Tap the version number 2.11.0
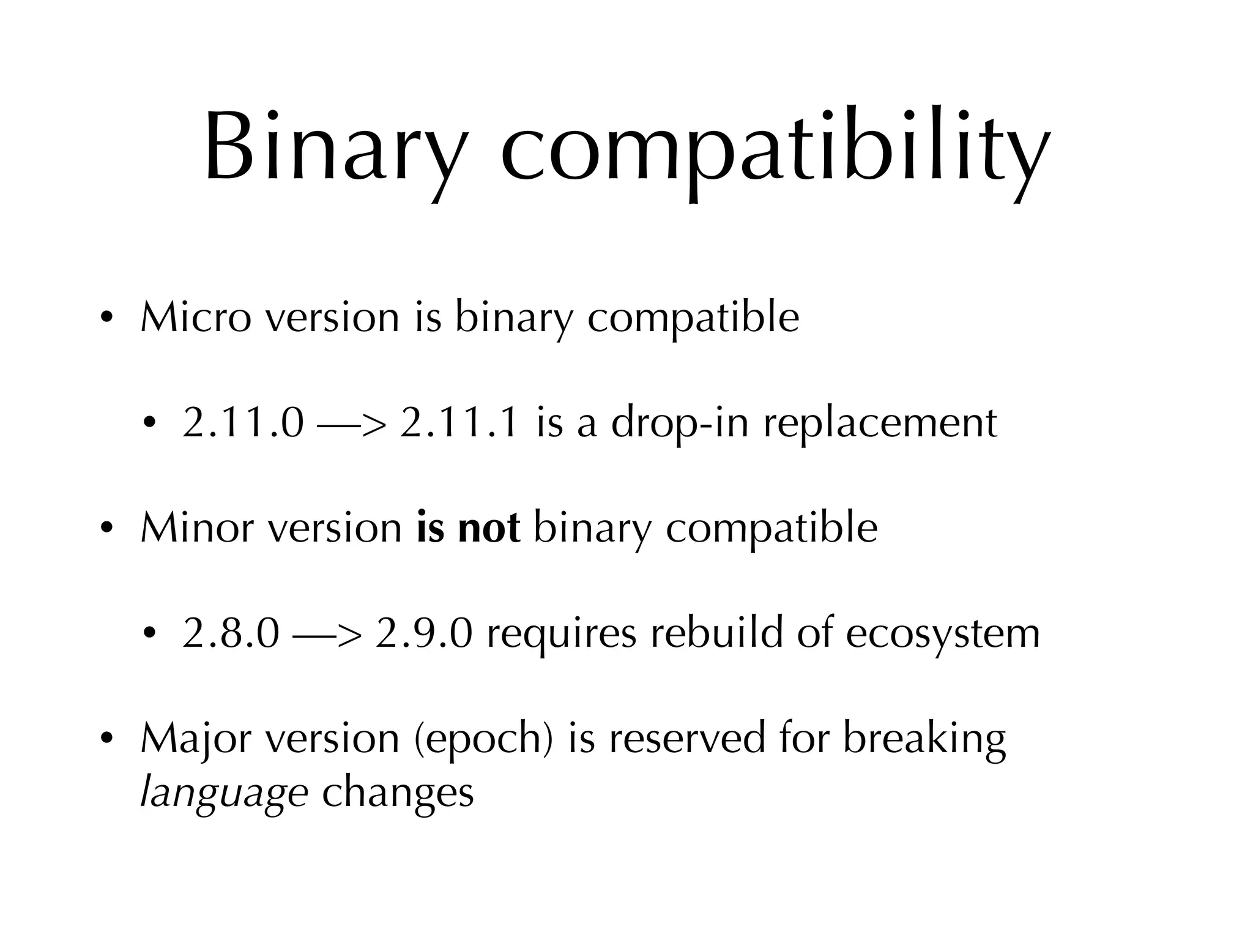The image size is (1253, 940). (243, 423)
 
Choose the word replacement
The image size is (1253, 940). (880, 424)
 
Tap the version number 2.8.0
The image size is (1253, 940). (231, 633)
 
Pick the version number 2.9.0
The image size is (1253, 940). (424, 633)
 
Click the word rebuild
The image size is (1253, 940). (716, 633)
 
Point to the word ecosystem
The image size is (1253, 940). (943, 635)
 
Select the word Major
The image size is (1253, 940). (196, 739)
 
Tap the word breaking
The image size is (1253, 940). (924, 739)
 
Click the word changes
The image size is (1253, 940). (398, 793)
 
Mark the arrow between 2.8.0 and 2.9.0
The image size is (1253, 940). (327, 635)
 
